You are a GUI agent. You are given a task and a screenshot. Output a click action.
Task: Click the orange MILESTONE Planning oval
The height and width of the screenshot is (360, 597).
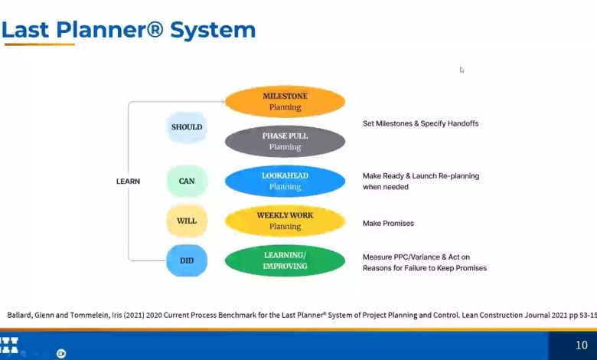285,102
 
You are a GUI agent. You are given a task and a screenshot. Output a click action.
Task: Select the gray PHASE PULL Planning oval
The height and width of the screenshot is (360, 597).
285,142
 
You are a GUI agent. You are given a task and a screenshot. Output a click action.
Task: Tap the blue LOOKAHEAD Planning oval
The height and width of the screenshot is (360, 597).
285,182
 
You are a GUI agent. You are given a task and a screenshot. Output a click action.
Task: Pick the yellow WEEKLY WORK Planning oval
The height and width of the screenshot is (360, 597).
285,221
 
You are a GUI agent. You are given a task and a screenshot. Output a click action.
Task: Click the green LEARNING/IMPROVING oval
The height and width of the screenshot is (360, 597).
285,261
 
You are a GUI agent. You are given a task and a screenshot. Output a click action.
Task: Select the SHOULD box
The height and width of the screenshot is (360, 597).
187,127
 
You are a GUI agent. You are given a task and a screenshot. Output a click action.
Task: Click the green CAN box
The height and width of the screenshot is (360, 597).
187,182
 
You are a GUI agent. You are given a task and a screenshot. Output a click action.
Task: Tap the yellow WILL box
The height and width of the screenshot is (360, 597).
187,221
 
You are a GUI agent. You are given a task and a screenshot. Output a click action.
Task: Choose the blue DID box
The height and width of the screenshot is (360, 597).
187,261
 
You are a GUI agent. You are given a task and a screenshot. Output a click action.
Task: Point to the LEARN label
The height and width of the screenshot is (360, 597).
128,182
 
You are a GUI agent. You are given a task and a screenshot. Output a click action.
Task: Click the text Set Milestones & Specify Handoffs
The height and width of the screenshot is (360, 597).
420,123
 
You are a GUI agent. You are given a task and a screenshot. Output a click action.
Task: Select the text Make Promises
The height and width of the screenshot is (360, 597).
388,224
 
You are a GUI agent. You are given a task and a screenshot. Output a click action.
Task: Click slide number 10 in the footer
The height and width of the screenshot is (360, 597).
581,345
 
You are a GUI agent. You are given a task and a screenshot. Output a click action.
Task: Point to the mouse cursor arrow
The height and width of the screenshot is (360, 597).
462,70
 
